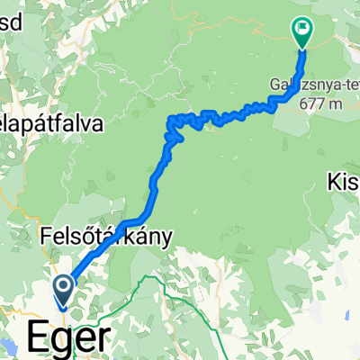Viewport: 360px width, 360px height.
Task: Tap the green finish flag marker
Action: click(301, 32)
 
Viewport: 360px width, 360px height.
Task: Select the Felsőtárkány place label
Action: click(106, 237)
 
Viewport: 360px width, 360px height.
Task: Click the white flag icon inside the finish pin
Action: click(301, 29)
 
